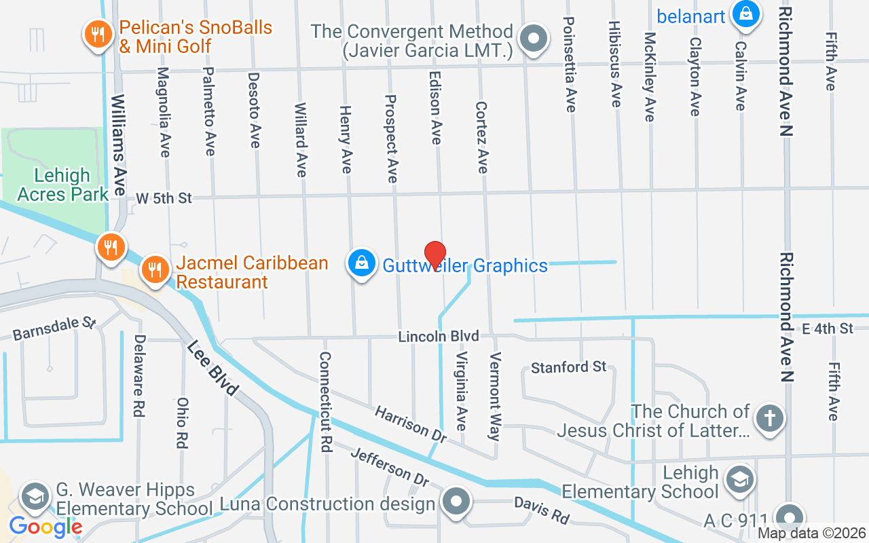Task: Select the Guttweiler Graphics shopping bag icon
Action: (x=362, y=263)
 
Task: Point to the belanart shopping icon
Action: (x=745, y=14)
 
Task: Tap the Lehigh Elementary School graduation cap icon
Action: (x=738, y=479)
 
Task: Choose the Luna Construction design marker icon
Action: (x=456, y=503)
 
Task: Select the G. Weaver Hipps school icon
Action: (x=34, y=497)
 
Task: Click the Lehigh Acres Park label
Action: (x=62, y=185)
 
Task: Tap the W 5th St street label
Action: (x=164, y=198)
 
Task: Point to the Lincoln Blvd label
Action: (x=439, y=336)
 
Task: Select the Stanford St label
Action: (x=568, y=367)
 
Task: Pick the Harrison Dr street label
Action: (x=411, y=422)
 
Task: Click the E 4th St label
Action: (x=827, y=329)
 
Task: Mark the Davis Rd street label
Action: (x=541, y=510)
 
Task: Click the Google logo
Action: (x=45, y=526)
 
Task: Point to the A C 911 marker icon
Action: (x=789, y=517)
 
